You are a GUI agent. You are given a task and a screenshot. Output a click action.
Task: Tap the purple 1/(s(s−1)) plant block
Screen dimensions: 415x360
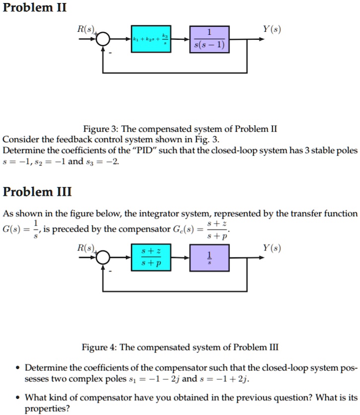pyautogui.click(x=209, y=39)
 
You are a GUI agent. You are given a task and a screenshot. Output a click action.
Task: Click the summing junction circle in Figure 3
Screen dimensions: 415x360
pyautogui.click(x=103, y=40)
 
